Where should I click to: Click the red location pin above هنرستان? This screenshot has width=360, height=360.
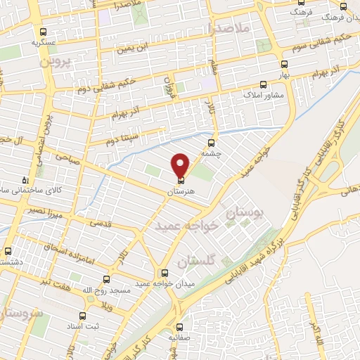click(181, 165)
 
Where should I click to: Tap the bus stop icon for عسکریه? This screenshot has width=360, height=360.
click(44, 32)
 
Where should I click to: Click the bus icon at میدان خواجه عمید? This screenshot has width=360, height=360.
click(165, 273)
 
